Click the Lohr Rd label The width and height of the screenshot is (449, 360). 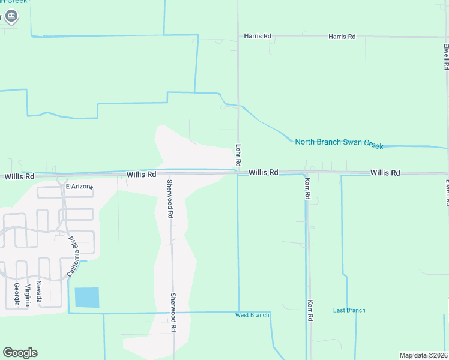(x=238, y=154)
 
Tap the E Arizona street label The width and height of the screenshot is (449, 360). (x=79, y=187)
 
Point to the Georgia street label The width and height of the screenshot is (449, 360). (x=16, y=294)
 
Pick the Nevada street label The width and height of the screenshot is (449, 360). (x=39, y=291)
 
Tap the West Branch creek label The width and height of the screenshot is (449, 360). (x=252, y=315)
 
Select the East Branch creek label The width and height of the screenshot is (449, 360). (x=349, y=310)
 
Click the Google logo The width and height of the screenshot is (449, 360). (x=20, y=353)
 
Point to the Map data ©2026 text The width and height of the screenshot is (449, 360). (x=423, y=355)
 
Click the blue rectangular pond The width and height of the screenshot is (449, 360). (x=86, y=298)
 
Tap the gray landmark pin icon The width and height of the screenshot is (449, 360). (x=11, y=16)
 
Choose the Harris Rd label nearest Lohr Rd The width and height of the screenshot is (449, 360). (x=258, y=37)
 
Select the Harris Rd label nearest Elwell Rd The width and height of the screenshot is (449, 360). (x=342, y=37)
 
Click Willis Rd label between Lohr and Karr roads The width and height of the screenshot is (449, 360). (x=263, y=172)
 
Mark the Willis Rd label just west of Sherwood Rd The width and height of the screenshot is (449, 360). (x=141, y=175)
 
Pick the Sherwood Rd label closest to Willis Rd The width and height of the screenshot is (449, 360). (x=170, y=198)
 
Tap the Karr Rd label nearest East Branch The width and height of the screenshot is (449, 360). (x=310, y=311)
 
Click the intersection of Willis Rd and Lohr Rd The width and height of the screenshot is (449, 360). (x=238, y=173)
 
